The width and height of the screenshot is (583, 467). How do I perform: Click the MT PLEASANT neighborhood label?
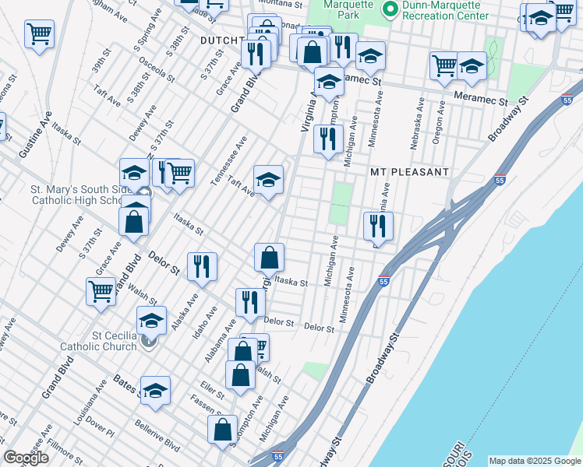[x=409, y=171]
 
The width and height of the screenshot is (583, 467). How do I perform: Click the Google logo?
[x=26, y=458]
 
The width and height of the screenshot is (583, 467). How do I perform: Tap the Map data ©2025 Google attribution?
[x=535, y=461]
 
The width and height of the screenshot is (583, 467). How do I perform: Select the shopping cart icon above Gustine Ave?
[x=39, y=34]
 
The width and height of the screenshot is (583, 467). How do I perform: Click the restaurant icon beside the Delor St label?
[x=202, y=267]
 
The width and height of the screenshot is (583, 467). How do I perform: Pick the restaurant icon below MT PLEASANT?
[x=378, y=226]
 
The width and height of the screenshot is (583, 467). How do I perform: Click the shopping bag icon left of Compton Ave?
[x=223, y=430]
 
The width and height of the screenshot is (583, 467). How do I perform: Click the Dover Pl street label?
[x=100, y=426]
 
